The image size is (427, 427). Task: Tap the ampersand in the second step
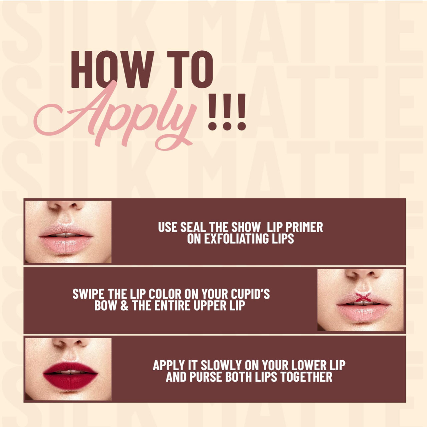124,306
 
